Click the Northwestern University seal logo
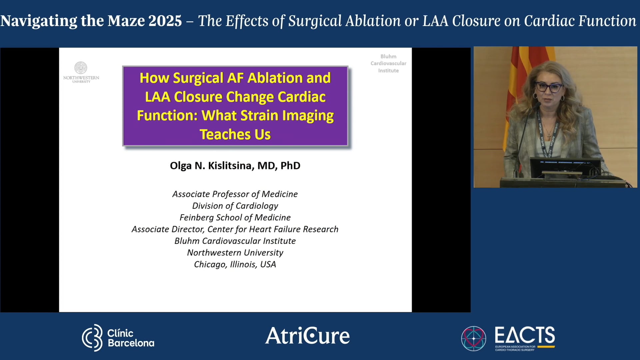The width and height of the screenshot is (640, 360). (x=81, y=68)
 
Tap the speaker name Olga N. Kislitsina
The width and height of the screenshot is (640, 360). (x=235, y=166)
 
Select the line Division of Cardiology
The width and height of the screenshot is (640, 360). (x=235, y=206)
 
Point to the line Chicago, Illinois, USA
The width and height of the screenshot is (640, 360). (x=235, y=264)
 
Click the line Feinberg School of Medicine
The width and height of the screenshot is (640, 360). (x=235, y=217)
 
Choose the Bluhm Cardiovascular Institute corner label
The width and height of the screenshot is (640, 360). (x=388, y=63)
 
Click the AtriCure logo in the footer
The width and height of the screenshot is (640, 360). (x=307, y=336)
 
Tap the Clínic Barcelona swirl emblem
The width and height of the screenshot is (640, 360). (x=92, y=337)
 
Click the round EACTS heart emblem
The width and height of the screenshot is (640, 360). (x=473, y=338)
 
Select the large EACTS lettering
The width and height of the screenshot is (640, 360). (x=525, y=335)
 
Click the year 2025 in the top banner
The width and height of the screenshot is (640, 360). (x=165, y=21)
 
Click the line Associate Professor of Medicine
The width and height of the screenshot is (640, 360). (x=235, y=194)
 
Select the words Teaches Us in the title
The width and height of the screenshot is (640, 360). (x=235, y=135)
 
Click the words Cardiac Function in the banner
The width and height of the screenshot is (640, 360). (x=580, y=21)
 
